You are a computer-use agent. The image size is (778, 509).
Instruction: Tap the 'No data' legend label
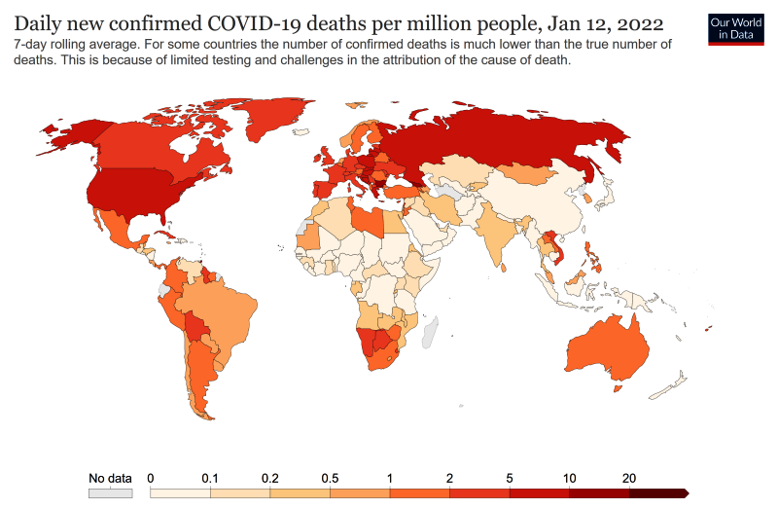coord(110,478)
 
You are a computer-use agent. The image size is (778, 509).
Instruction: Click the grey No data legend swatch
coord(110,493)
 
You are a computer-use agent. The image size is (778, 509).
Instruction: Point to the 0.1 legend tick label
coord(209,478)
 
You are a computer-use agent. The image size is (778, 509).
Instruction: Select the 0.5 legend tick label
coord(331,478)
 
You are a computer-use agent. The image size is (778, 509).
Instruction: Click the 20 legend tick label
coord(629,478)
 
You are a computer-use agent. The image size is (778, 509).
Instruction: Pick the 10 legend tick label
coord(570,478)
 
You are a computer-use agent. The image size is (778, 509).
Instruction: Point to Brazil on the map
coord(229,311)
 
